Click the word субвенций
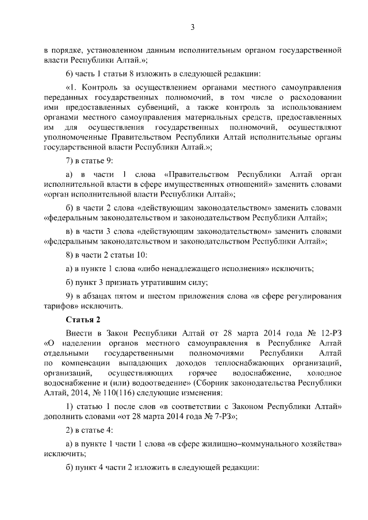pyautogui.click(x=168, y=106)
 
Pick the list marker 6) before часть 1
pyautogui.click(x=70, y=74)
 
